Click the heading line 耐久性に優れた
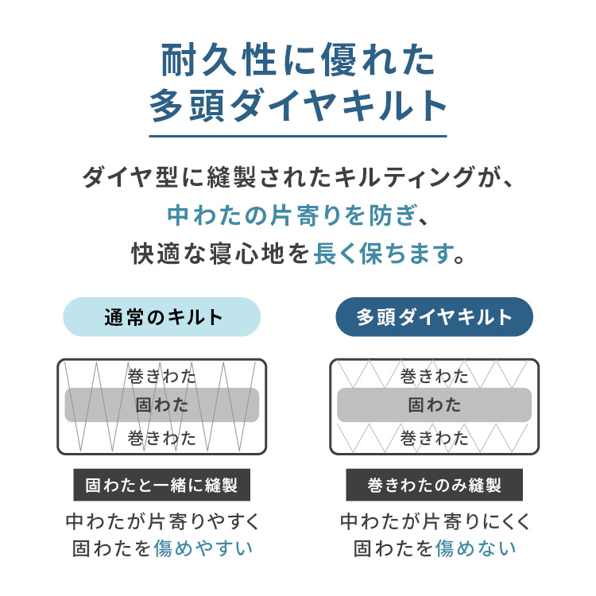click(x=298, y=60)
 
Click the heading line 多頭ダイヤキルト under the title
click(x=298, y=105)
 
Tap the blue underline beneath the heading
click(x=298, y=136)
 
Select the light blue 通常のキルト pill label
click(x=162, y=317)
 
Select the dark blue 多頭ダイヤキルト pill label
click(x=434, y=317)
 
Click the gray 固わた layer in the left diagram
click(x=162, y=404)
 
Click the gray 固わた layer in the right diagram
click(x=434, y=404)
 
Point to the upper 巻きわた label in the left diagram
click(x=162, y=377)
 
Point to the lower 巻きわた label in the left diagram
click(x=162, y=438)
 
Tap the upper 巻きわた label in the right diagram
click(x=434, y=377)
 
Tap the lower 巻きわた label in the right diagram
click(x=434, y=438)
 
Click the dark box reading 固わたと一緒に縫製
click(x=162, y=485)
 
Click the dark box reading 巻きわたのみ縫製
click(x=434, y=485)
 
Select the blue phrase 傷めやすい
click(x=203, y=548)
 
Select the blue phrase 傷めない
click(x=475, y=548)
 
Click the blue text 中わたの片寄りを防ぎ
click(x=292, y=215)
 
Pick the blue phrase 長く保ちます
click(x=384, y=254)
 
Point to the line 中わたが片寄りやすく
click(x=163, y=521)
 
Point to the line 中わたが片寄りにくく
click(x=435, y=521)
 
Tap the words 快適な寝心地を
click(x=220, y=254)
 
